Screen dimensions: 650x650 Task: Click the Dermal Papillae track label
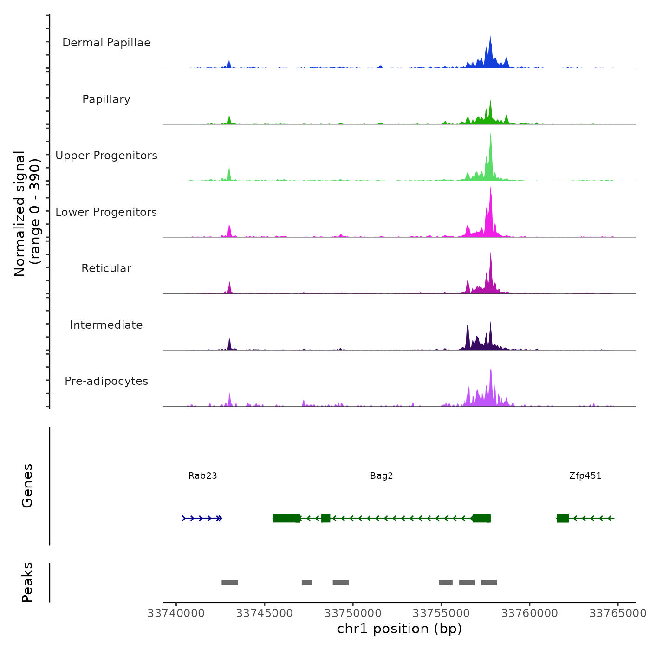106,43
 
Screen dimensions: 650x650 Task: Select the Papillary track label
106,99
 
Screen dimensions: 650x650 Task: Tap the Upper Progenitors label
106,156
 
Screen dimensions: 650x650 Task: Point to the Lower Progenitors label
106,212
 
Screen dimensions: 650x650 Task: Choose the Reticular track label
106,268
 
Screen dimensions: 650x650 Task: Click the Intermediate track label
106,325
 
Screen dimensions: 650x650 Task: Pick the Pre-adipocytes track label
106,381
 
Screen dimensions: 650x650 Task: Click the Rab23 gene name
203,475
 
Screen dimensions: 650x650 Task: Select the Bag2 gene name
382,475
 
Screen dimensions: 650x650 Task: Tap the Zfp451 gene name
585,475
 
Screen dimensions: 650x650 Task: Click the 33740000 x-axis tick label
176,613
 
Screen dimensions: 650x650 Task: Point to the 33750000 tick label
353,613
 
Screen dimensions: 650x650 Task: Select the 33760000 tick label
530,613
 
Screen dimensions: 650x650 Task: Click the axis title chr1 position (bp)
399,629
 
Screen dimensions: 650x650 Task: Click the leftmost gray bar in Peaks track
229,583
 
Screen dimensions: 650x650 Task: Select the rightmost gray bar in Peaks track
489,583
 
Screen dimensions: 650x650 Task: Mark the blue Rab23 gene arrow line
202,518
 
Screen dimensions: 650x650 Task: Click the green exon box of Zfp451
563,518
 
